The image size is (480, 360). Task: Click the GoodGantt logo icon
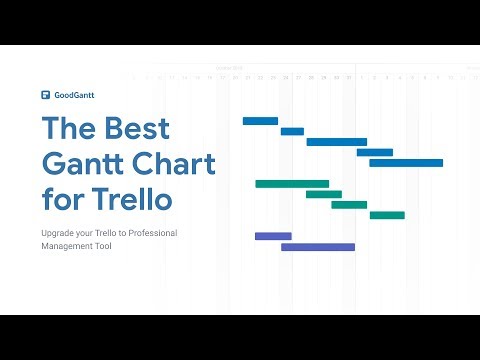(46, 96)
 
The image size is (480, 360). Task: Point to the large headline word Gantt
(89, 163)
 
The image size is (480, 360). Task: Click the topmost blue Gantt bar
(260, 120)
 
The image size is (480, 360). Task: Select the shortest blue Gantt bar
(292, 131)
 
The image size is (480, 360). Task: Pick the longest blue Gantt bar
(406, 162)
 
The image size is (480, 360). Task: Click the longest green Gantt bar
(292, 184)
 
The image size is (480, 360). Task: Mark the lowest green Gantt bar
(387, 215)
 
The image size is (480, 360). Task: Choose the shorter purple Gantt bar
(273, 236)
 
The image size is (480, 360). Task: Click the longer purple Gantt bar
(318, 247)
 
